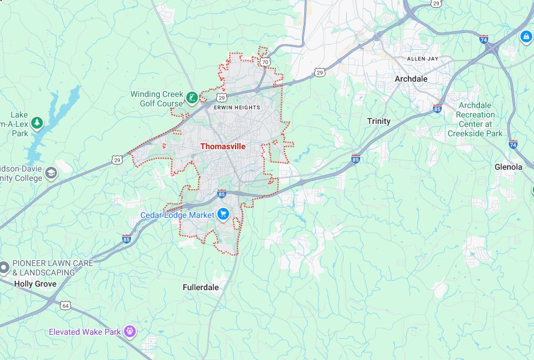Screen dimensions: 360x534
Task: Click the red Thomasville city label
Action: coord(223,146)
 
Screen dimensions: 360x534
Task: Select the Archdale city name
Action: coord(411,79)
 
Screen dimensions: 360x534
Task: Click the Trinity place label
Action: coord(378,121)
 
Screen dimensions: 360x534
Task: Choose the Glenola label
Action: coord(508,167)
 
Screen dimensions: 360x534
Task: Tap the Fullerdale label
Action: coord(200,287)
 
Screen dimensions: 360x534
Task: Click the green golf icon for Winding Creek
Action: coord(192,97)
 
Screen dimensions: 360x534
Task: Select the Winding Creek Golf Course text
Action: coord(156,99)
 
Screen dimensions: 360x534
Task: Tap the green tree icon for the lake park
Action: coord(37,123)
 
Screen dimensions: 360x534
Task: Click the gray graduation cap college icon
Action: coord(51,173)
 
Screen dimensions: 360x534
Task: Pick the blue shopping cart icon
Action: coord(223,214)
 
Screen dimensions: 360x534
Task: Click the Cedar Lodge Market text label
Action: coord(177,215)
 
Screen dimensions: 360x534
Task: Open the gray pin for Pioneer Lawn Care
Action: coord(4,267)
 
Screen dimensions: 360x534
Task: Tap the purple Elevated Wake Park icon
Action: coord(130,332)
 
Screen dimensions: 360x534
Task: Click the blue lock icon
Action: coord(526,37)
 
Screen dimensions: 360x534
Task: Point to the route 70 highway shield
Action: coord(266,61)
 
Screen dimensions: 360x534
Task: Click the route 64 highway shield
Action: coord(65,305)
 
